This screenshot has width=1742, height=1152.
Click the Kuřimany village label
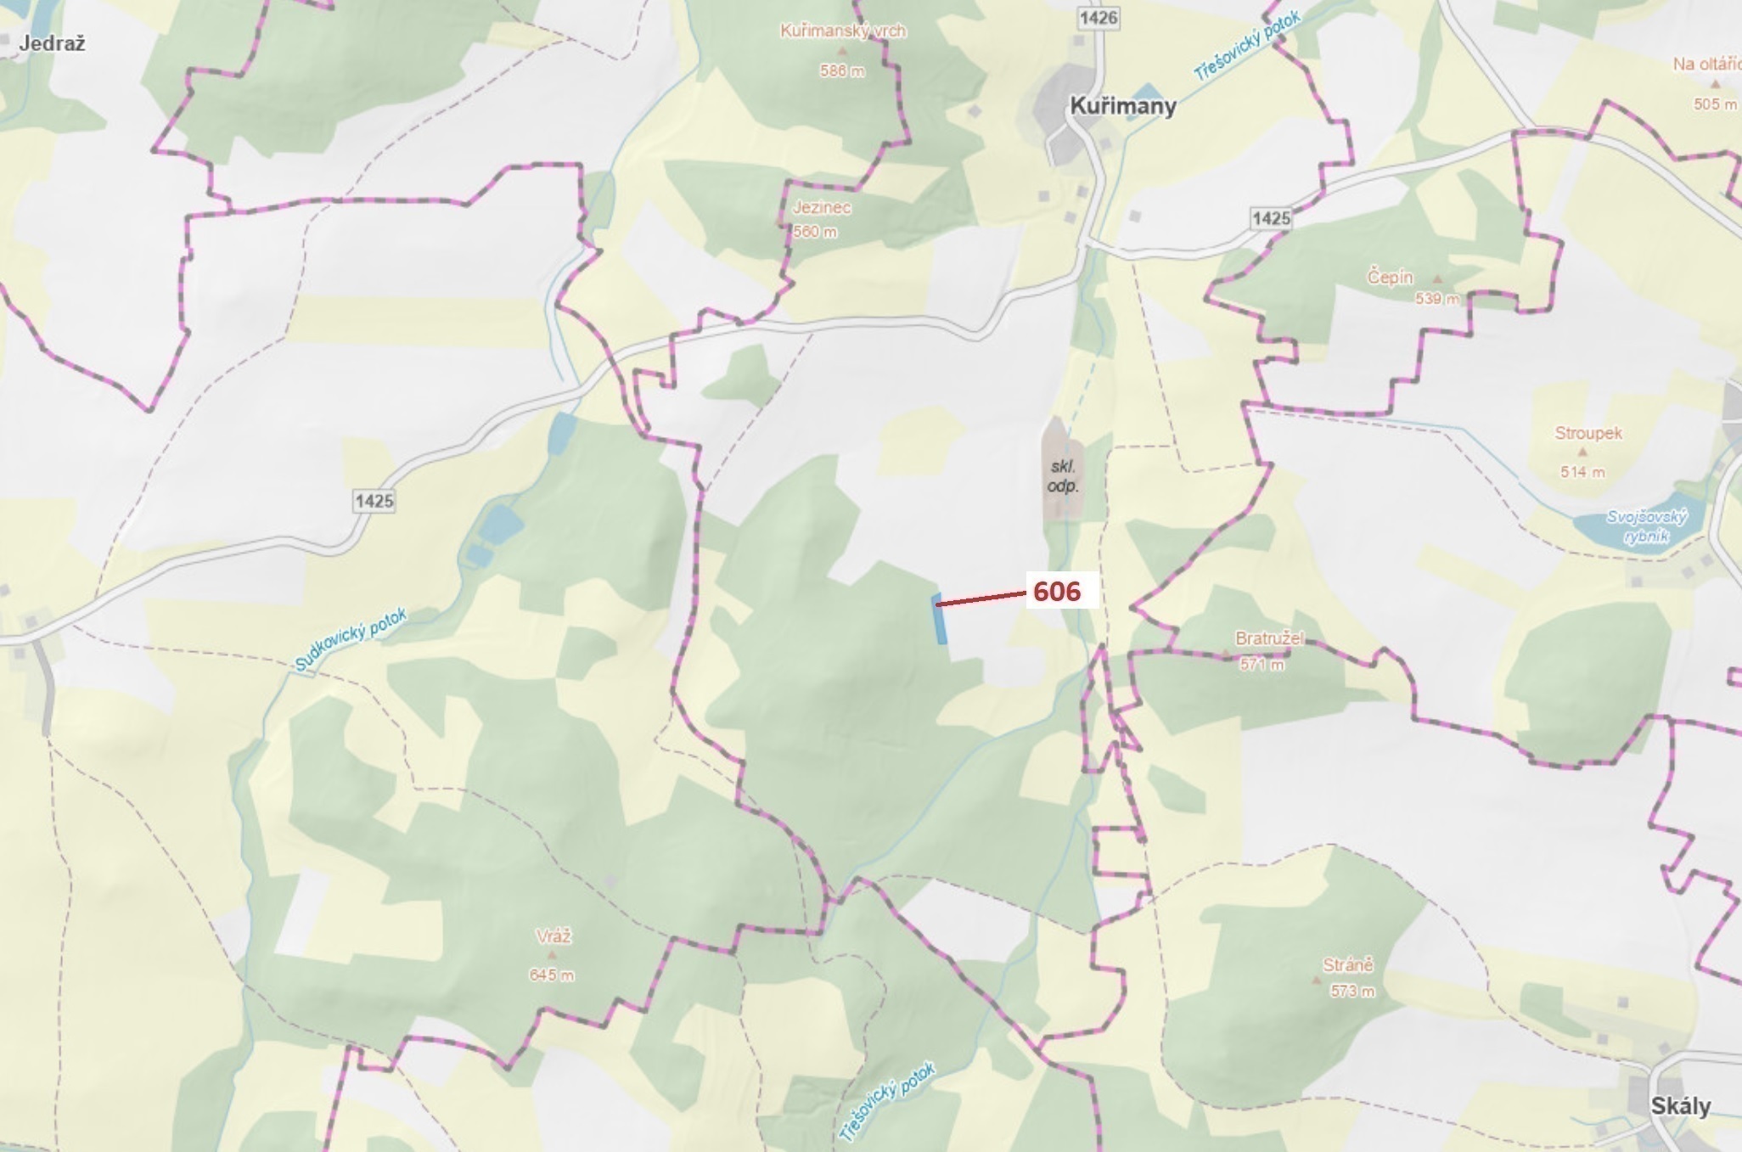(x=1122, y=106)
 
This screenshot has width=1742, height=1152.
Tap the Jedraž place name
(x=52, y=43)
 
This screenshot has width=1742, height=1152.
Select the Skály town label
(x=1680, y=1106)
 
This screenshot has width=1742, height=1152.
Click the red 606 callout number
(x=1057, y=591)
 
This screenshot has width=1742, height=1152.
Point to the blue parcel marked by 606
(x=940, y=620)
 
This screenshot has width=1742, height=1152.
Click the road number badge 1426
(x=1098, y=18)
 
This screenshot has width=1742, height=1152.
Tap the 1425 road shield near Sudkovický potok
(x=374, y=501)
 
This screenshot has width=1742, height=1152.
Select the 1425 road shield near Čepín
(x=1271, y=218)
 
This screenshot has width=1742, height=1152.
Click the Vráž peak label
(x=554, y=936)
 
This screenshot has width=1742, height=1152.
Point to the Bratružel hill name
(x=1269, y=638)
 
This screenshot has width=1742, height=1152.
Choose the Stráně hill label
(x=1347, y=965)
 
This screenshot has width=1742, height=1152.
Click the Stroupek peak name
(x=1587, y=433)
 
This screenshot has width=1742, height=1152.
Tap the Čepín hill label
(x=1390, y=277)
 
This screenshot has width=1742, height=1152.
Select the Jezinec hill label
(x=821, y=207)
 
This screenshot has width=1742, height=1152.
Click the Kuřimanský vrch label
(x=843, y=31)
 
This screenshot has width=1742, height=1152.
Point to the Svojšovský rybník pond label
(x=1647, y=526)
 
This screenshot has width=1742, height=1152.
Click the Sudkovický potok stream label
(x=351, y=639)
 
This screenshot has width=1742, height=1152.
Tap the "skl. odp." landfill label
(x=1062, y=476)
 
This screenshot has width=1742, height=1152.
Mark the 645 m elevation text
(x=552, y=975)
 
